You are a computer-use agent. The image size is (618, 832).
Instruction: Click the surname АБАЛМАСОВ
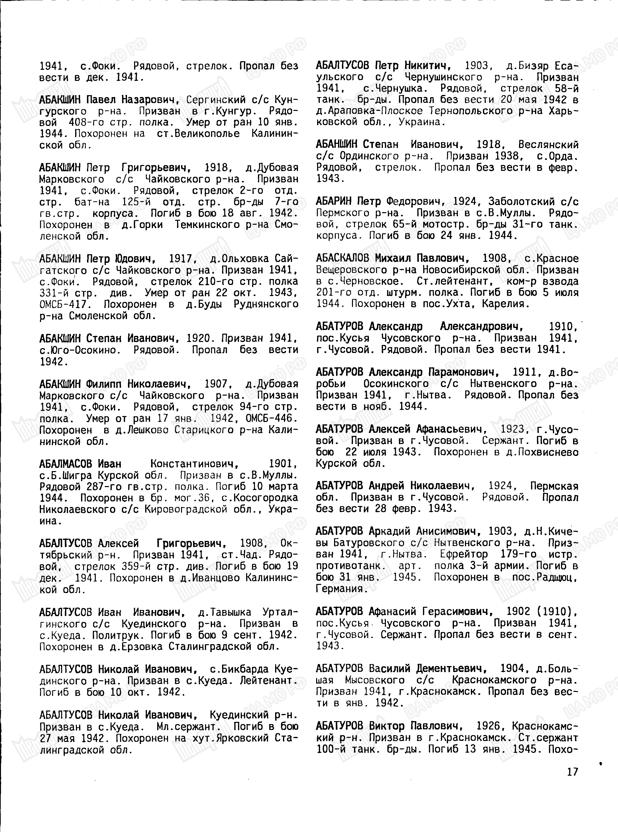pyautogui.click(x=66, y=464)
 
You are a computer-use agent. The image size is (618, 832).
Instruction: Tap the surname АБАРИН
pyautogui.click(x=334, y=201)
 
